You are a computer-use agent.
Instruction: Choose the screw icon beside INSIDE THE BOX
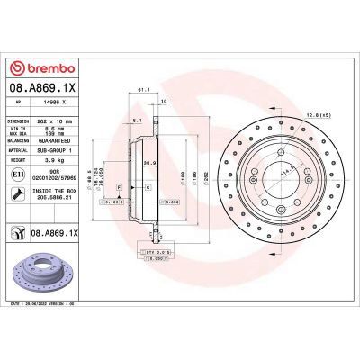tap(16, 193)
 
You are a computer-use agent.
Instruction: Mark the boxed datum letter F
tap(117, 184)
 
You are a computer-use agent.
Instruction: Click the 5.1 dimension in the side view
tap(134, 119)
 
